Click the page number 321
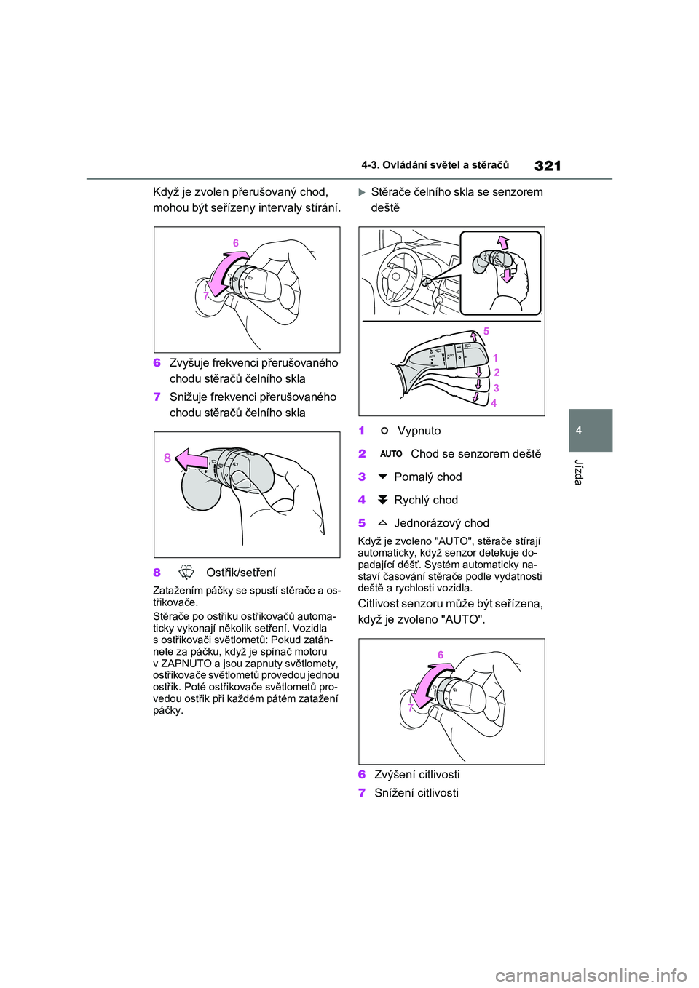[548, 166]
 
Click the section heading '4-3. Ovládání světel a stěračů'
[435, 165]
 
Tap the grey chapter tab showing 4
[591, 430]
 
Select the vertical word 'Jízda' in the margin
[579, 472]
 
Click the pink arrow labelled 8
[191, 460]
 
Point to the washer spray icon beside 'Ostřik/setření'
[186, 573]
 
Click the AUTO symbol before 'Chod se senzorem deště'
[391, 454]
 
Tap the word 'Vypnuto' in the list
[419, 431]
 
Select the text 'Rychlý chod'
[426, 500]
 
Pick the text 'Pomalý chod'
[428, 477]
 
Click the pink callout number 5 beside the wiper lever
[486, 331]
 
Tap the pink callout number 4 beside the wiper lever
[494, 403]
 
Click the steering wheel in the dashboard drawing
[399, 276]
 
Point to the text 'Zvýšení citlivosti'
[416, 775]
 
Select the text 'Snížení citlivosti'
[416, 793]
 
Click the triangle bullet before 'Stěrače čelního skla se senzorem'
[362, 192]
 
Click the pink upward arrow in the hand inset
[502, 242]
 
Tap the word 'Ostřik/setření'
[241, 573]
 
